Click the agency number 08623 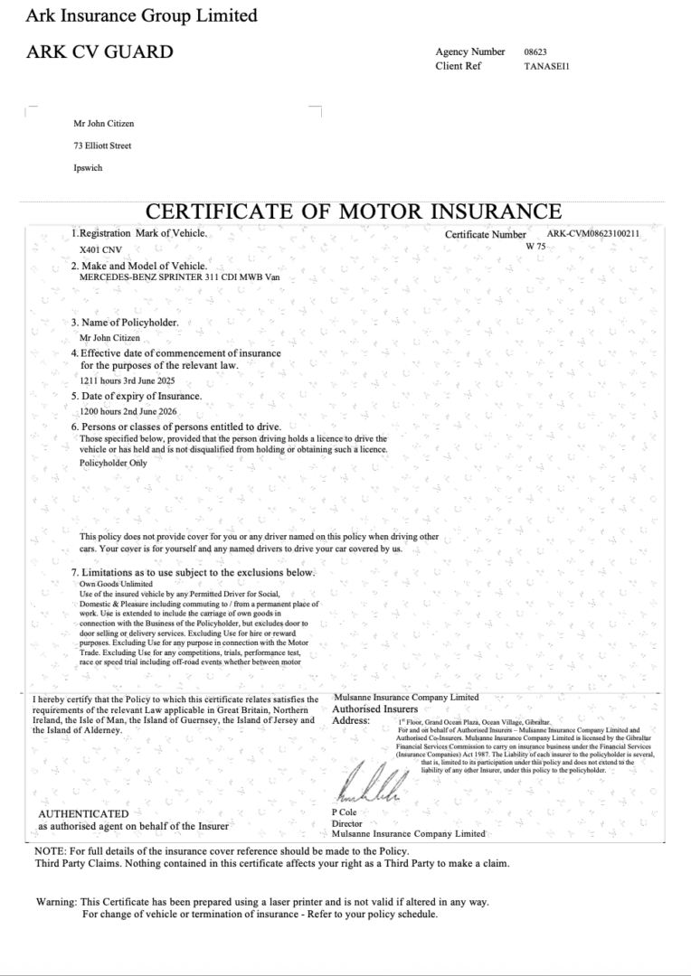click(535, 52)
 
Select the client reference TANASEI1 click(546, 66)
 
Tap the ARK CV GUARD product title click(99, 52)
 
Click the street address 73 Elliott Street click(102, 145)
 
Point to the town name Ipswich click(89, 168)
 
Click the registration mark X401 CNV click(99, 249)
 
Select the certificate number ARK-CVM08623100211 click(592, 234)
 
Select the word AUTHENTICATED click(83, 814)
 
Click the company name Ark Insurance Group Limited click(141, 15)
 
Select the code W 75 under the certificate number click(535, 246)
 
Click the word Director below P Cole click(347, 823)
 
